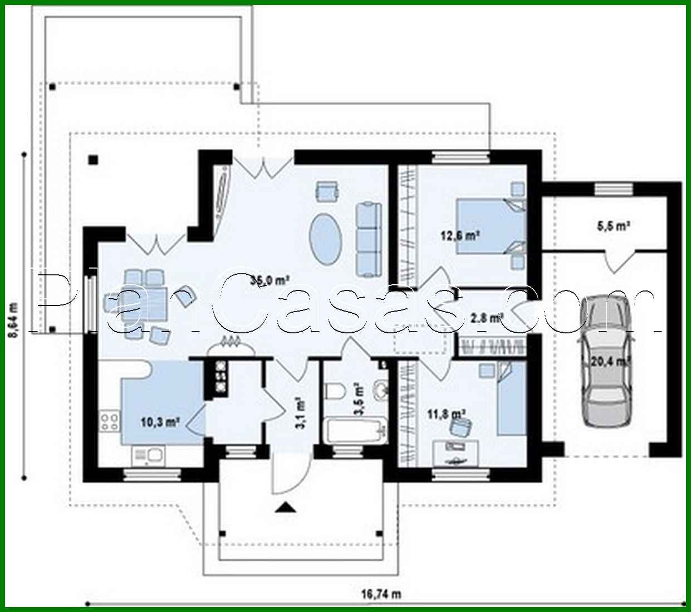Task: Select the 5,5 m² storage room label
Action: pyautogui.click(x=612, y=226)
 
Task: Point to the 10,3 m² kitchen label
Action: pyautogui.click(x=159, y=422)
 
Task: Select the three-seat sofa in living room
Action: pyautogui.click(x=368, y=239)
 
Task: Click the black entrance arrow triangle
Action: pyautogui.click(x=286, y=507)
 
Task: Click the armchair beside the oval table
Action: pyautogui.click(x=327, y=191)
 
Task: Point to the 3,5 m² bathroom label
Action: pyautogui.click(x=359, y=398)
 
